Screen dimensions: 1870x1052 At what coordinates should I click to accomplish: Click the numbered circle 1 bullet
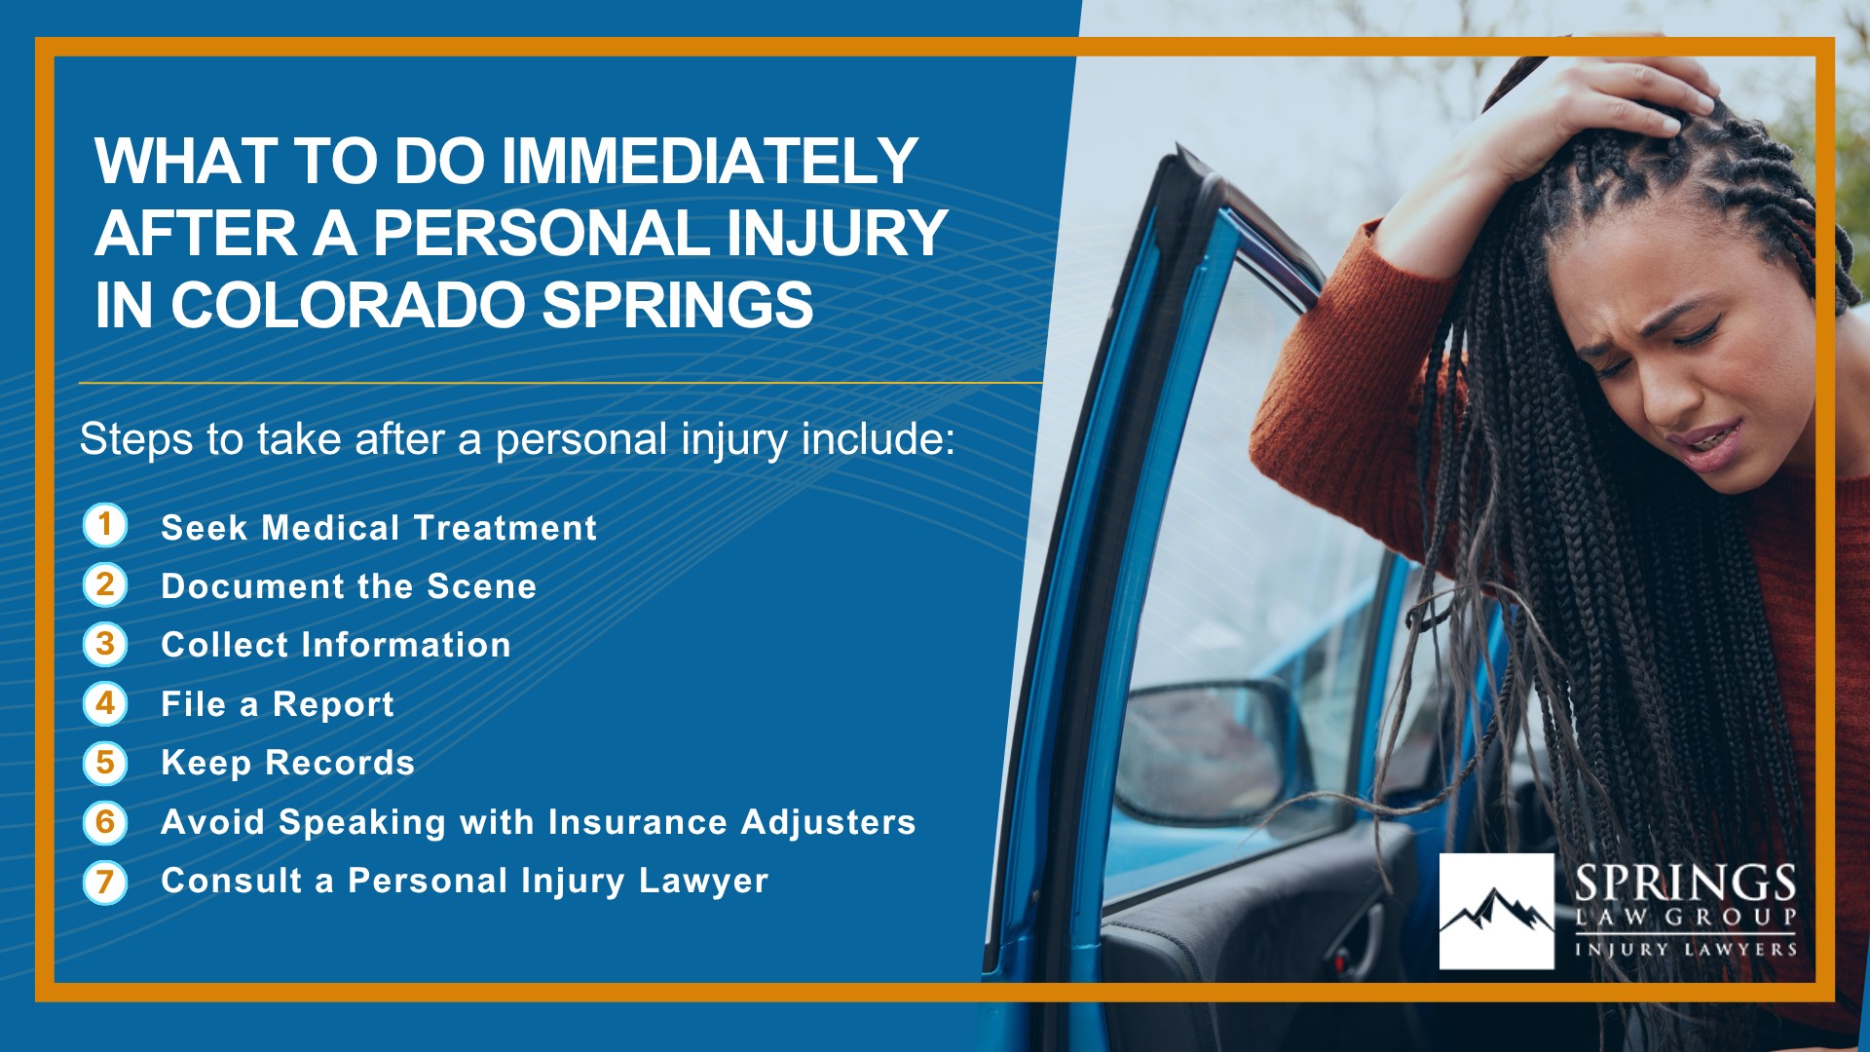coord(105,525)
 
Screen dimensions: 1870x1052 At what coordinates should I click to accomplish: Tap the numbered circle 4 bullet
coord(105,703)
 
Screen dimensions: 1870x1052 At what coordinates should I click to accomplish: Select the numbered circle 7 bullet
coord(105,882)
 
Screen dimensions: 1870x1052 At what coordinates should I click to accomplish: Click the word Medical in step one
coord(331,528)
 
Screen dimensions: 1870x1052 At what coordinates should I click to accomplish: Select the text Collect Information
coord(336,645)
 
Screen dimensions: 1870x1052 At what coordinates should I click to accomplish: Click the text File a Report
coord(278,704)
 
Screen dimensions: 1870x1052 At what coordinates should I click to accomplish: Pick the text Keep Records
coord(288,763)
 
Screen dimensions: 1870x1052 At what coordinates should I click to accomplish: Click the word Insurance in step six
coord(638,822)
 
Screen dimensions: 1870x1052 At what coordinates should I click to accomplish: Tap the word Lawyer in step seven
coord(704,882)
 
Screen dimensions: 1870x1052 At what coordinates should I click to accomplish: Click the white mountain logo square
coord(1497,912)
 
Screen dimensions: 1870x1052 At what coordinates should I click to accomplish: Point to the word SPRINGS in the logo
coord(1686,883)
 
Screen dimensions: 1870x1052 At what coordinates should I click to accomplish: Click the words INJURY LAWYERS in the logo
coord(1686,949)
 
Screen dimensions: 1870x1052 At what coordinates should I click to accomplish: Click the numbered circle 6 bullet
coord(105,822)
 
